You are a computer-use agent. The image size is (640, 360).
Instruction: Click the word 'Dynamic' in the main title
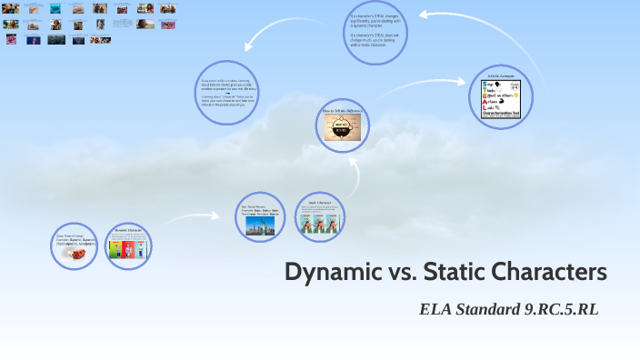point(325,272)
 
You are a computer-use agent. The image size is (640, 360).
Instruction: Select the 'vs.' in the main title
point(392,272)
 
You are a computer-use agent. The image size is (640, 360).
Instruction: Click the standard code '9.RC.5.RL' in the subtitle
point(562,309)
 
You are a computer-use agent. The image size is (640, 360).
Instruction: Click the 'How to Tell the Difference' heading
point(343,110)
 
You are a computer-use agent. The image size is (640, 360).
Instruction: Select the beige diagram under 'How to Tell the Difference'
point(343,127)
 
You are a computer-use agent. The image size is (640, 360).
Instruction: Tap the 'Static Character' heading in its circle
point(320,203)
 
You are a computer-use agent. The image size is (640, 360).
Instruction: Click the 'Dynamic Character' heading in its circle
point(127,231)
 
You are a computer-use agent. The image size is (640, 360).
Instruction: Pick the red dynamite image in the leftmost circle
point(75,255)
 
